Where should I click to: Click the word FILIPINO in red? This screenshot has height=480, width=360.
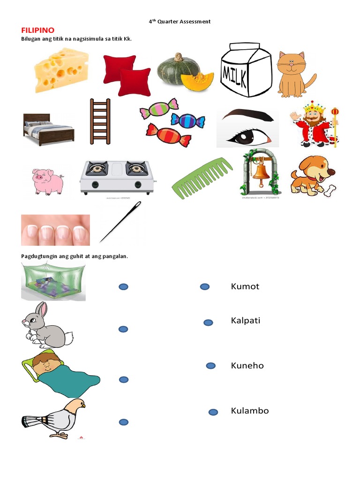coord(37,30)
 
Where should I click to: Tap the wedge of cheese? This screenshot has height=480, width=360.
coord(61,70)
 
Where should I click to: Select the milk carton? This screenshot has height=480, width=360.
coord(246,70)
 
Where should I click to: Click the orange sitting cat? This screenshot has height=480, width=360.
coord(295,75)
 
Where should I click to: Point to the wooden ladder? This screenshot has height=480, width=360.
coord(100,121)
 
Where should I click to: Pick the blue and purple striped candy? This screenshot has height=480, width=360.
coord(187,120)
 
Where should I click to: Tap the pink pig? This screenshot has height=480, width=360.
coord(48,181)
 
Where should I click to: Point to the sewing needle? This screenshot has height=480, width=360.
coord(120,222)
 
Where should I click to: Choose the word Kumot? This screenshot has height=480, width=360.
coord(245,286)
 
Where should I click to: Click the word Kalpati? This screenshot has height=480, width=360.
coord(246,321)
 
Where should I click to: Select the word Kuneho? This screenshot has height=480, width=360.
coord(247,366)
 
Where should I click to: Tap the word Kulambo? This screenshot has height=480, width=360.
coord(250,411)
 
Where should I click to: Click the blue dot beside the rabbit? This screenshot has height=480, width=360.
coord(123,330)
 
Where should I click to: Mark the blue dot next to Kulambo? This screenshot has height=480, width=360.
coord(213,412)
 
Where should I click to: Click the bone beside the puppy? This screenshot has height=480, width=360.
coord(330,191)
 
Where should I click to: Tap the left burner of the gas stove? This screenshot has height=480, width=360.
coord(97,168)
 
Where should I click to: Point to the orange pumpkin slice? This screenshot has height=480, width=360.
coord(197,81)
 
